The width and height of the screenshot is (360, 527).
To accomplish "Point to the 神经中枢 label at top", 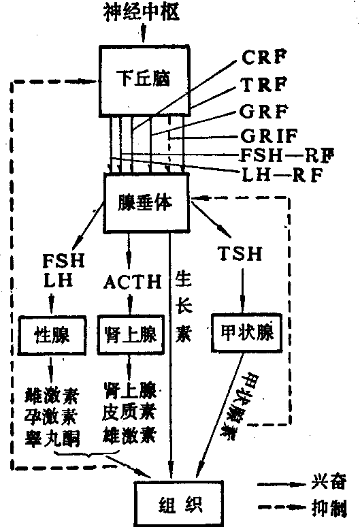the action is click(141, 12).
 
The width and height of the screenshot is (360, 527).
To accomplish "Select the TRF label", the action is click(264, 84).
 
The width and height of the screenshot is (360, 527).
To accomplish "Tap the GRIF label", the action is click(269, 135).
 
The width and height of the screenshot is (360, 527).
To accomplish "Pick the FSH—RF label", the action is click(287, 155).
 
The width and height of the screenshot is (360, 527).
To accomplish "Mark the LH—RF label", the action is click(282, 175).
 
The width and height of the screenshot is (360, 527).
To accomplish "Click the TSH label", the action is click(240, 253).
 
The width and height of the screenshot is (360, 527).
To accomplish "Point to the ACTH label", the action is click(133, 282).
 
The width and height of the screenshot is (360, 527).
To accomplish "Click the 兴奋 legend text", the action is click(329, 483).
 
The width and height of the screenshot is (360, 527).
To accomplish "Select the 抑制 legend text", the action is click(329, 508).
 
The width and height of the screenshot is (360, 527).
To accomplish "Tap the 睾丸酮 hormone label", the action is click(52, 438).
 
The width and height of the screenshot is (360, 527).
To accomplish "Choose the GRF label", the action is click(264, 111).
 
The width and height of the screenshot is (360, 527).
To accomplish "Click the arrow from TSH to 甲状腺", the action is click(242, 290).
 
